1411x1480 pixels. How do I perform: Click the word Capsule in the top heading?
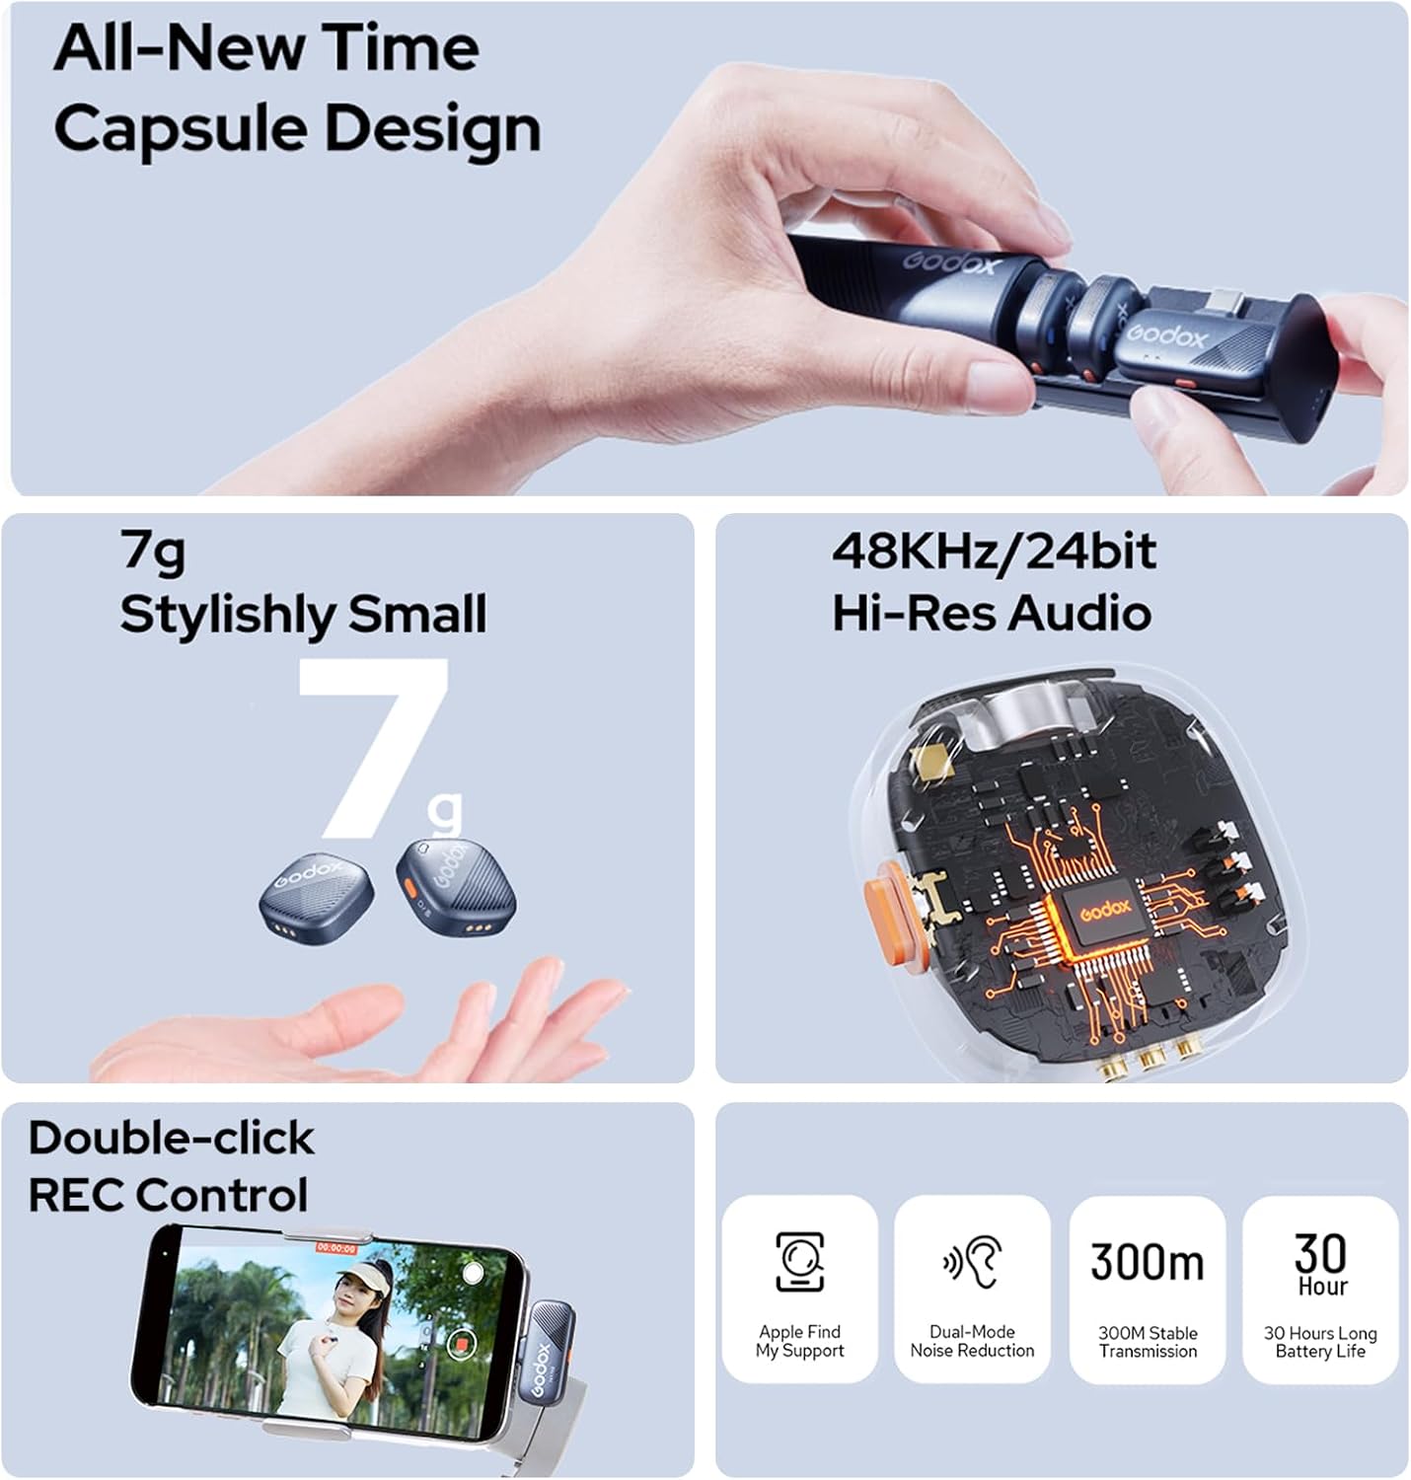coord(181,129)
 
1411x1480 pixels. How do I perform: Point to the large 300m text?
coord(1147,1262)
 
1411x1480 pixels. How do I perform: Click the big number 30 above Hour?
coord(1320,1253)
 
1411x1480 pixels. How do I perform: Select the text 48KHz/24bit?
coord(994,552)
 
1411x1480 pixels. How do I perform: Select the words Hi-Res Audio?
coord(992,613)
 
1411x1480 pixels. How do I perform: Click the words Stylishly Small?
coord(303,615)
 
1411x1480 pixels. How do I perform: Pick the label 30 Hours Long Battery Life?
coord(1320,1342)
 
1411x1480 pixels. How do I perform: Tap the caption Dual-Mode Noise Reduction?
coord(972,1342)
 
